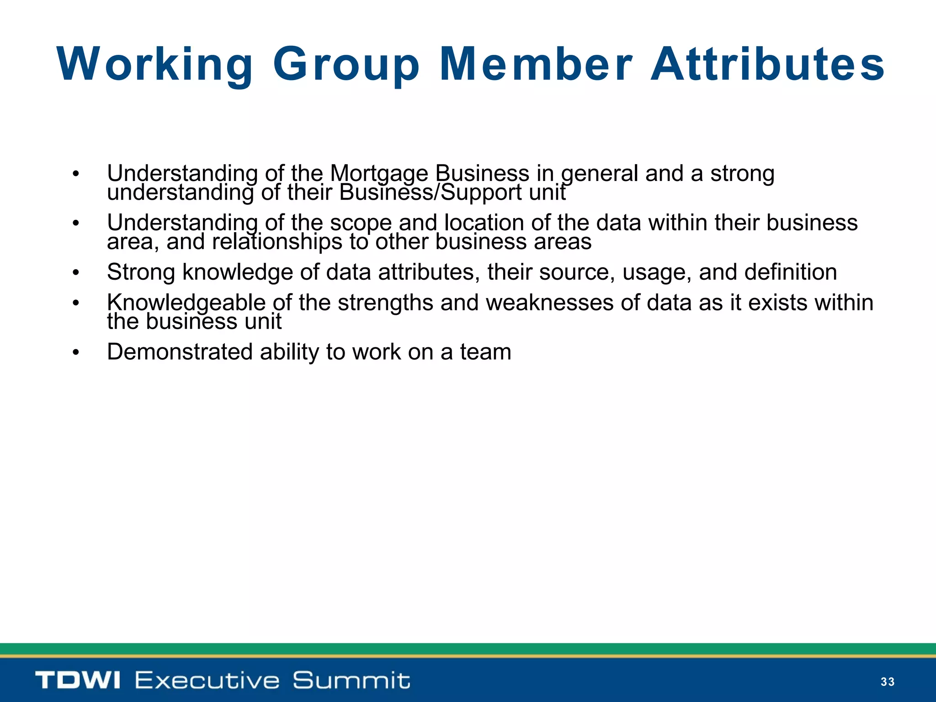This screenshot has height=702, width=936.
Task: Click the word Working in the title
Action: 154,64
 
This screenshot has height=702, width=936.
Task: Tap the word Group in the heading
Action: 346,64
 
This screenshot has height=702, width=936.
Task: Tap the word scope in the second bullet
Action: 361,223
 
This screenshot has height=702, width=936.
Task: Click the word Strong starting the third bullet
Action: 141,272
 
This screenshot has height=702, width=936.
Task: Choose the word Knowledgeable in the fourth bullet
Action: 186,303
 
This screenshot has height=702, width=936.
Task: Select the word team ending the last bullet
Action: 485,352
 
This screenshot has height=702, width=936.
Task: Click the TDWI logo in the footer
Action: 78,680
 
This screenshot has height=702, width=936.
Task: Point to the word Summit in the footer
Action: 351,680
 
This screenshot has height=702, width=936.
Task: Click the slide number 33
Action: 887,682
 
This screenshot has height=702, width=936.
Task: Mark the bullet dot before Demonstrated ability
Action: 76,353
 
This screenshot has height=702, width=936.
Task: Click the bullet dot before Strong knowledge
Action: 76,273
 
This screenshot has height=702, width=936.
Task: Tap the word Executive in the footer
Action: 207,680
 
